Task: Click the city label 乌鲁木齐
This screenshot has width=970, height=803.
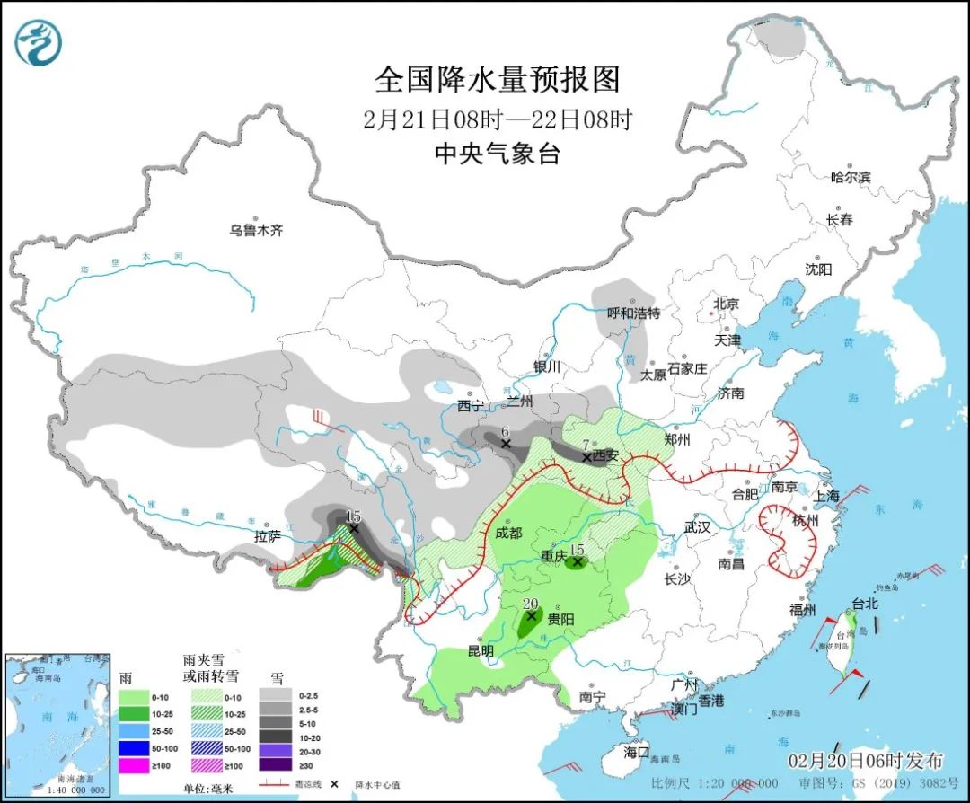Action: (x=255, y=231)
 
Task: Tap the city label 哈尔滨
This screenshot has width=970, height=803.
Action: (x=851, y=177)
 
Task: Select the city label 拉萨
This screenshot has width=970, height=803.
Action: (x=267, y=536)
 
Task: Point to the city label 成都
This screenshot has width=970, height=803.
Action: (x=507, y=533)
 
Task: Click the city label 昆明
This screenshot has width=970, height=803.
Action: (x=481, y=650)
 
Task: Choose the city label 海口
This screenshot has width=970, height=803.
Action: (x=636, y=751)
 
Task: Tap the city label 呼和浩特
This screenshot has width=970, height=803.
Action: (x=633, y=313)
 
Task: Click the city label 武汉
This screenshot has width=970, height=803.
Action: (x=696, y=527)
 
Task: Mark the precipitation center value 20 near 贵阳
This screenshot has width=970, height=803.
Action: (x=530, y=604)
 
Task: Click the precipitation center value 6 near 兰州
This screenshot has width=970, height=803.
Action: (x=506, y=430)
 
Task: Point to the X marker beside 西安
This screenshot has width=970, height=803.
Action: (x=586, y=457)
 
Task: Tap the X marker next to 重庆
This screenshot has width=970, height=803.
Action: (x=577, y=562)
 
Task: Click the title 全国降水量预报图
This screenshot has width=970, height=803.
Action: (x=498, y=80)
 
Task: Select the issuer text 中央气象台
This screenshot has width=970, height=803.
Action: (x=498, y=154)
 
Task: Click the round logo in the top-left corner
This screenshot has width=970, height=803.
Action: (x=39, y=41)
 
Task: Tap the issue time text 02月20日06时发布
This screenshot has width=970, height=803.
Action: (x=866, y=761)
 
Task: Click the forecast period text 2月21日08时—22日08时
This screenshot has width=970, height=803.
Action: (x=498, y=119)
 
